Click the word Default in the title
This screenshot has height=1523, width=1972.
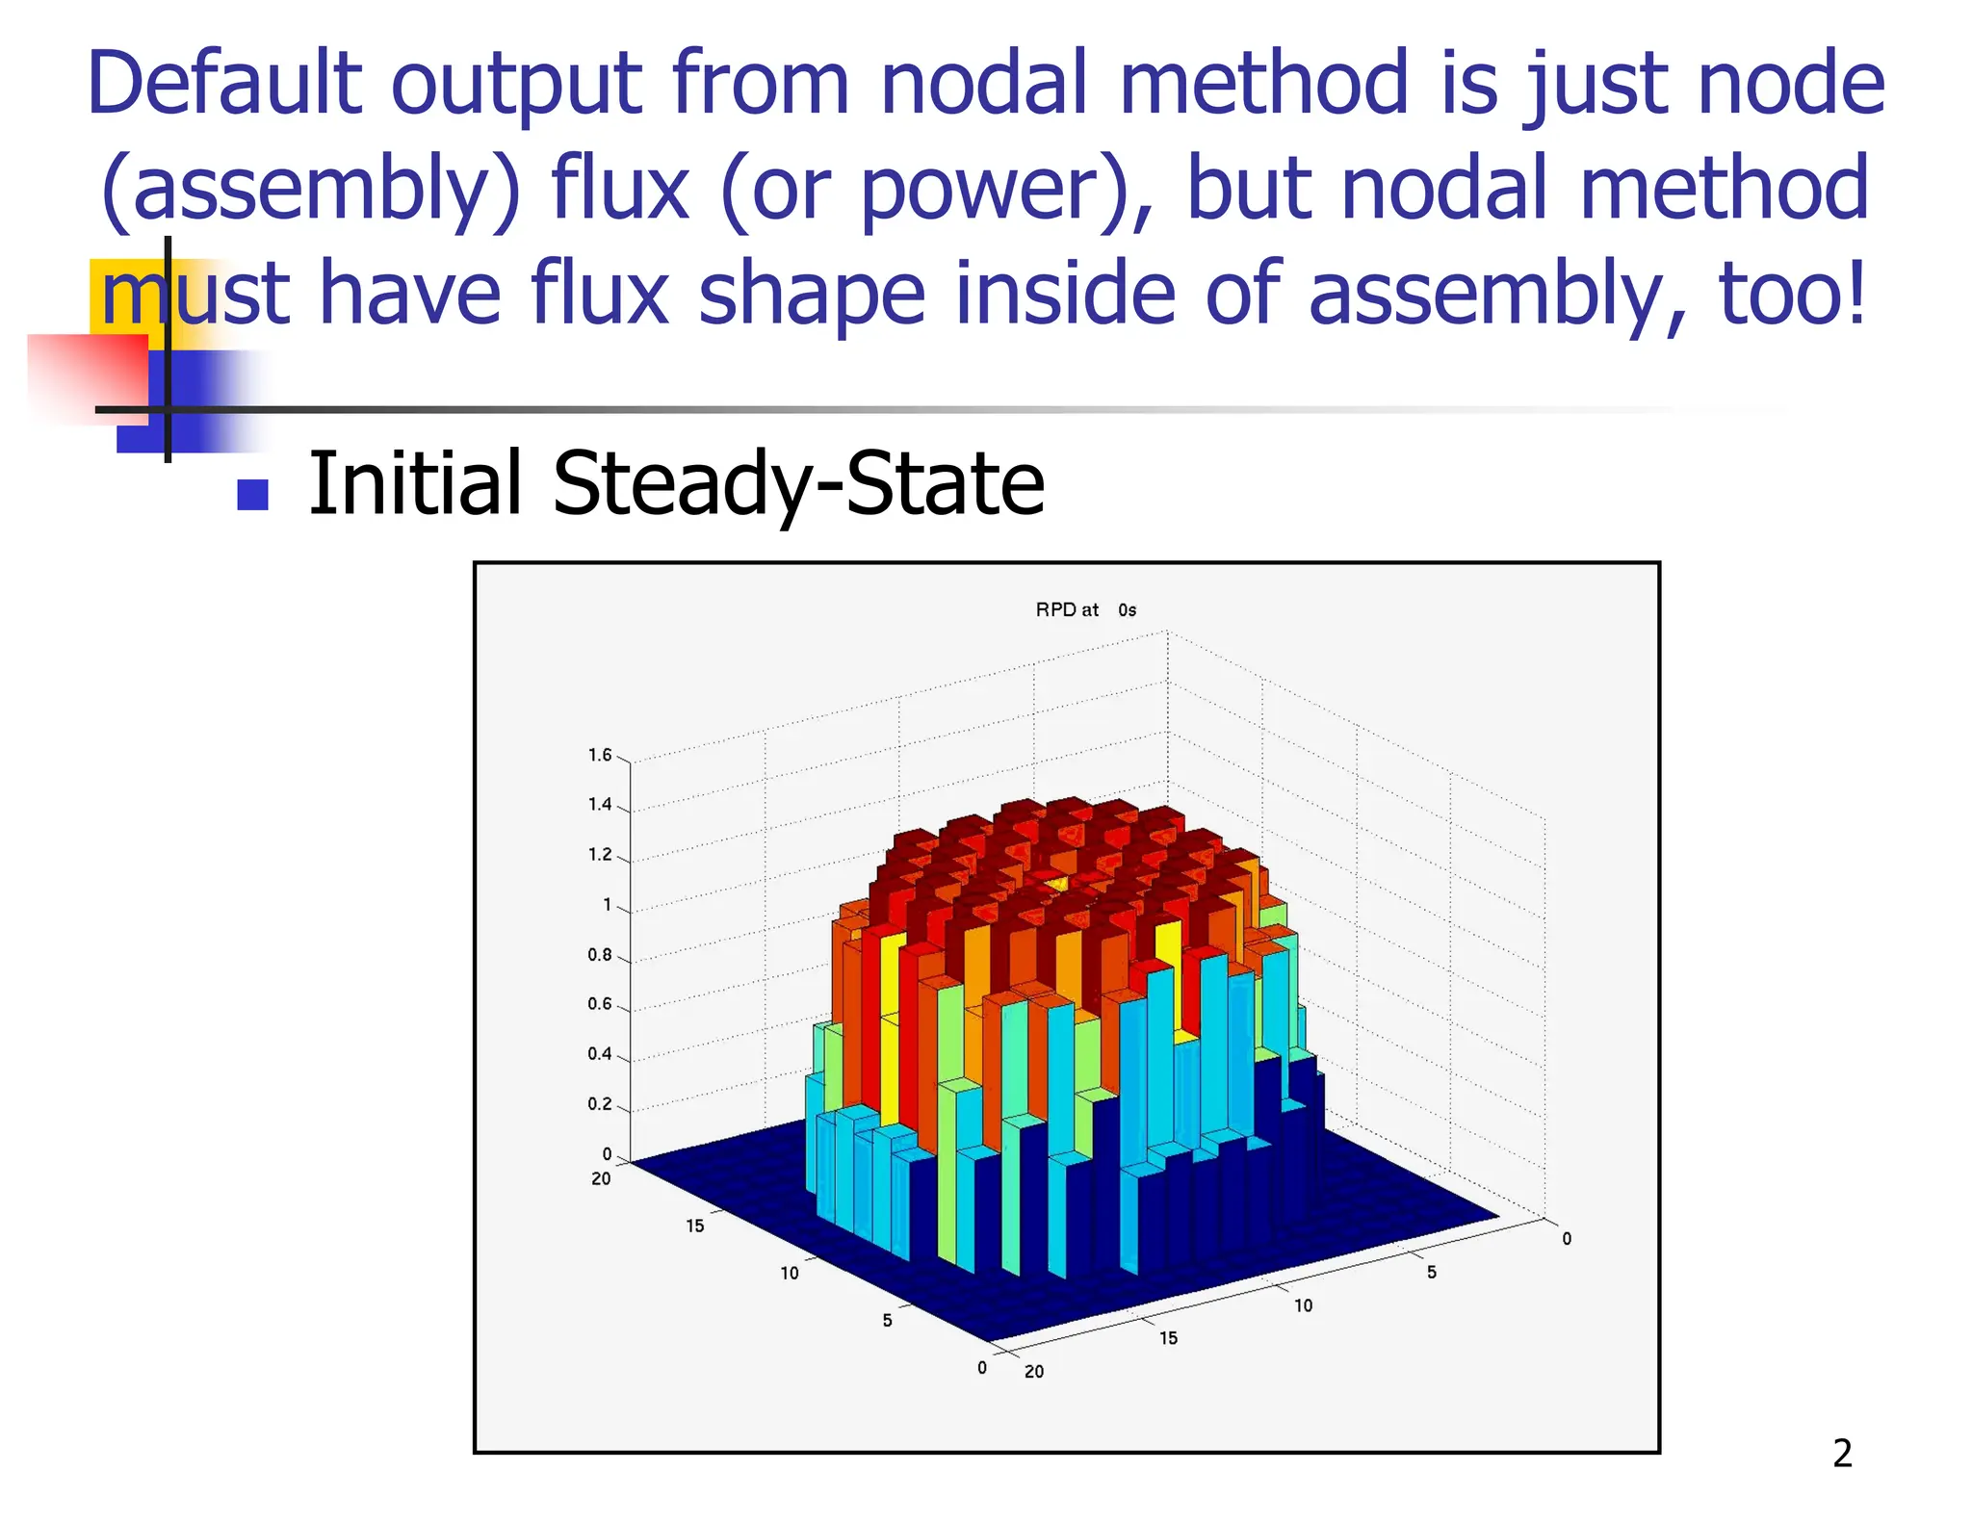pos(224,85)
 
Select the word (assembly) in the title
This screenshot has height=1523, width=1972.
pos(310,190)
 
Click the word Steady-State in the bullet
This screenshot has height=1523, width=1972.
pos(798,483)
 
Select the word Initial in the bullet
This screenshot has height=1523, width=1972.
pos(415,483)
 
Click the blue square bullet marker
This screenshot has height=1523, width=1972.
pos(252,495)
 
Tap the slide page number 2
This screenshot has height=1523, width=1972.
pos(1842,1453)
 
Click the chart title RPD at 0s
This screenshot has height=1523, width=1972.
pos(1085,609)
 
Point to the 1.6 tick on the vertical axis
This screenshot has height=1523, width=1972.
pos(600,755)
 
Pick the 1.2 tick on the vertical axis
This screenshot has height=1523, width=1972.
pos(600,854)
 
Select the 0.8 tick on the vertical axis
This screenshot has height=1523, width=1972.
pos(600,955)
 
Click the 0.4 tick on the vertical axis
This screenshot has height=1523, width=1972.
pos(600,1054)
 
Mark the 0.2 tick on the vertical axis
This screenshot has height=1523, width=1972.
pos(600,1104)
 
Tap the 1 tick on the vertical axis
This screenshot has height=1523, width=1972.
pos(607,905)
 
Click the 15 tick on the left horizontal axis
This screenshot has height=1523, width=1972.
pos(695,1226)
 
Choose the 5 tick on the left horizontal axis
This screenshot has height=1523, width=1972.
pos(887,1320)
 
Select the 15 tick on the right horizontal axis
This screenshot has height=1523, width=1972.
pos(1168,1338)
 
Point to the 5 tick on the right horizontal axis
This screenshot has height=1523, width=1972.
pos(1432,1272)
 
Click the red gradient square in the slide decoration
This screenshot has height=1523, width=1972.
pos(89,378)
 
